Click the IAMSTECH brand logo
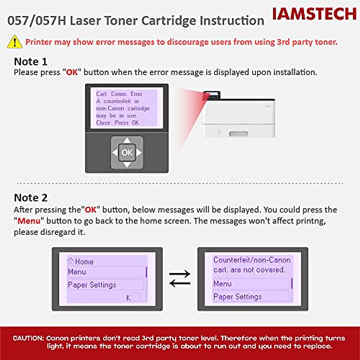(x=314, y=14)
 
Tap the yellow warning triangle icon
(x=14, y=42)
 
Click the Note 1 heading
(x=31, y=61)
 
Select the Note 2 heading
(x=31, y=198)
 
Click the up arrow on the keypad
(x=127, y=140)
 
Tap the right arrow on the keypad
(x=139, y=153)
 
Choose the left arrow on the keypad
(x=115, y=153)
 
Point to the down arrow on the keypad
(x=127, y=165)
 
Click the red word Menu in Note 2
(x=29, y=221)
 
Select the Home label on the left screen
(x=84, y=262)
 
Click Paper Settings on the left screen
(x=92, y=285)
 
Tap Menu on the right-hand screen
(x=222, y=284)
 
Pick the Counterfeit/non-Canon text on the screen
(x=252, y=260)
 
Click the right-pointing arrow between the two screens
(x=180, y=274)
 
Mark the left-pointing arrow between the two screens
(x=180, y=283)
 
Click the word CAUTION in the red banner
(x=28, y=338)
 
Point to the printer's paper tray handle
(x=238, y=133)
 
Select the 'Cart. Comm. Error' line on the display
(x=119, y=94)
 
